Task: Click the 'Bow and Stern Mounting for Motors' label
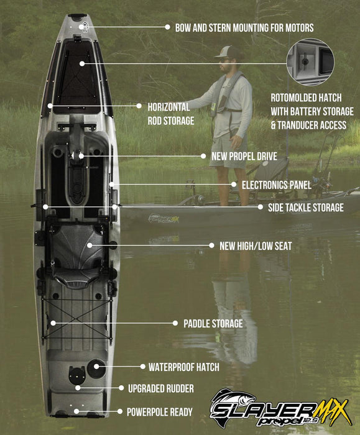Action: (x=244, y=27)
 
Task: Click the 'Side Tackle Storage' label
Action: (x=305, y=208)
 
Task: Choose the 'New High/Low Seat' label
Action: (x=256, y=246)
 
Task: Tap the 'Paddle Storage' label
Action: (x=213, y=323)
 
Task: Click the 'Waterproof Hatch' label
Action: (x=183, y=367)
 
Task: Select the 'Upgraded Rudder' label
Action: (x=161, y=388)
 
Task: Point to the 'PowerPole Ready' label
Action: (x=159, y=411)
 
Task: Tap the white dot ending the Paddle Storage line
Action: (x=53, y=323)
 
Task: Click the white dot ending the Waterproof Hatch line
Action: (x=97, y=367)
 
